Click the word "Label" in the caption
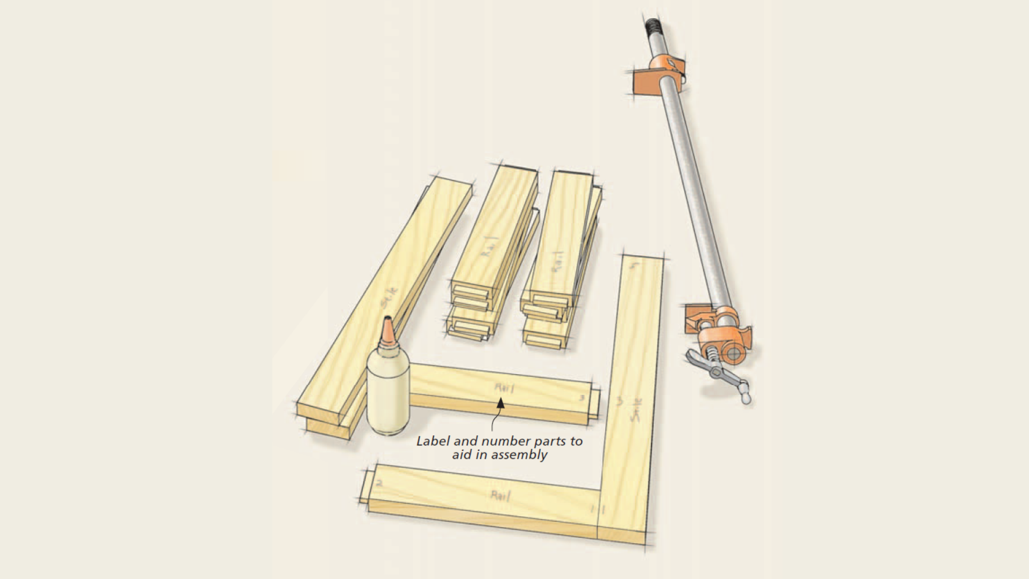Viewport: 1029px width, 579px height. coord(433,441)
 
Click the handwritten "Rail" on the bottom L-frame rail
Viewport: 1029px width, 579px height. coord(501,495)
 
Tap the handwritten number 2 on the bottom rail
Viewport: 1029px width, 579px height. coord(379,483)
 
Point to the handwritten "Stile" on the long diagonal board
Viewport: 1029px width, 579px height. coord(390,298)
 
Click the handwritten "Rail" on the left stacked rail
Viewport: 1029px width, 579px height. coord(488,246)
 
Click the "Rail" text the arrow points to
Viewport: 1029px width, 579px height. coord(504,388)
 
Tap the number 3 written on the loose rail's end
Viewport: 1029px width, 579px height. coord(581,398)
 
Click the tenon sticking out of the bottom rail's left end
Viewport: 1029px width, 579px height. coord(364,487)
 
